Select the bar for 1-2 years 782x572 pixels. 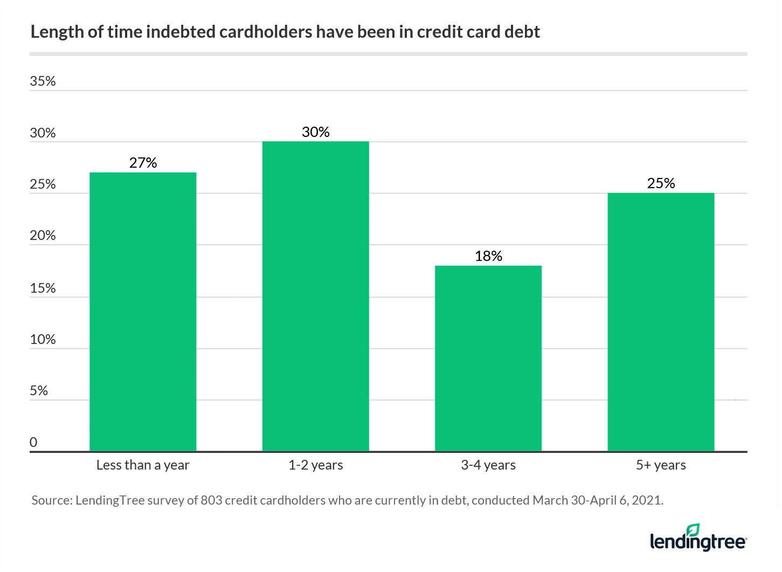coord(315,296)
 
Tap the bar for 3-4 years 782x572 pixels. coord(488,358)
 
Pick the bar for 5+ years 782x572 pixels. coord(661,322)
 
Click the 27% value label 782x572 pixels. coord(143,163)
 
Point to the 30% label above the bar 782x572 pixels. coord(315,132)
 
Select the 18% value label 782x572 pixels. coord(488,256)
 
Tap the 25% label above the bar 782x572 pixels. coord(661,183)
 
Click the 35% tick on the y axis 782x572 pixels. coord(43,81)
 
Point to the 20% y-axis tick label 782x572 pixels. coord(43,236)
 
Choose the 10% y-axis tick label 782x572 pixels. coord(43,340)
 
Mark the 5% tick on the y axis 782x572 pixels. coord(39,391)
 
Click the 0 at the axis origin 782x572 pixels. coord(33,443)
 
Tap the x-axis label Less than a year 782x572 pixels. coord(143,465)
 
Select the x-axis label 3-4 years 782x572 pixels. coord(488,465)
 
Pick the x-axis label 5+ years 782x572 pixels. coord(661,465)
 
